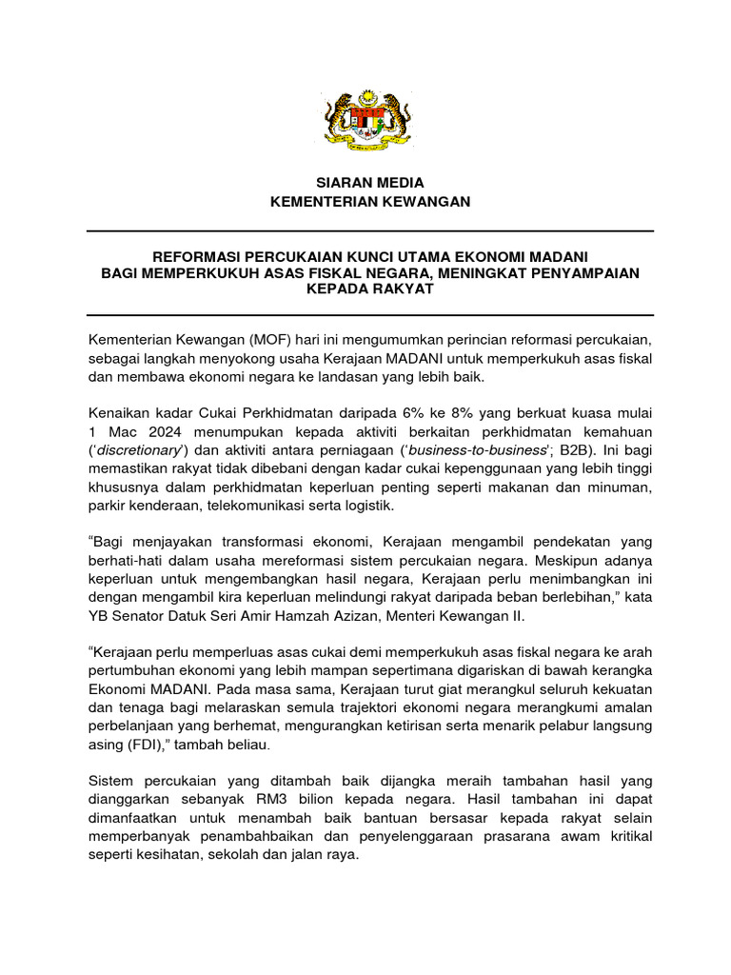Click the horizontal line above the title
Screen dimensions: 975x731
pyautogui.click(x=370, y=231)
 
